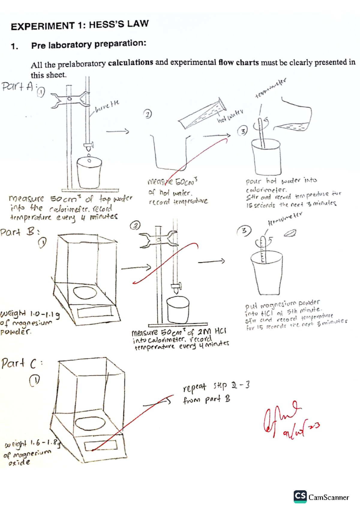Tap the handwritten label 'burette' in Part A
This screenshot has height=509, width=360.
click(107, 106)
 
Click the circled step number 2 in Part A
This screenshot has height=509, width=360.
click(147, 114)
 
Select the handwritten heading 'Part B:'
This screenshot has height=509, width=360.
click(20, 232)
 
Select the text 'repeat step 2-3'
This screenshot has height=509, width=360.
click(216, 386)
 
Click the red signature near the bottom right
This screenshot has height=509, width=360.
click(288, 420)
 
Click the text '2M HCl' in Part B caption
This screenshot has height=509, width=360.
click(211, 331)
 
